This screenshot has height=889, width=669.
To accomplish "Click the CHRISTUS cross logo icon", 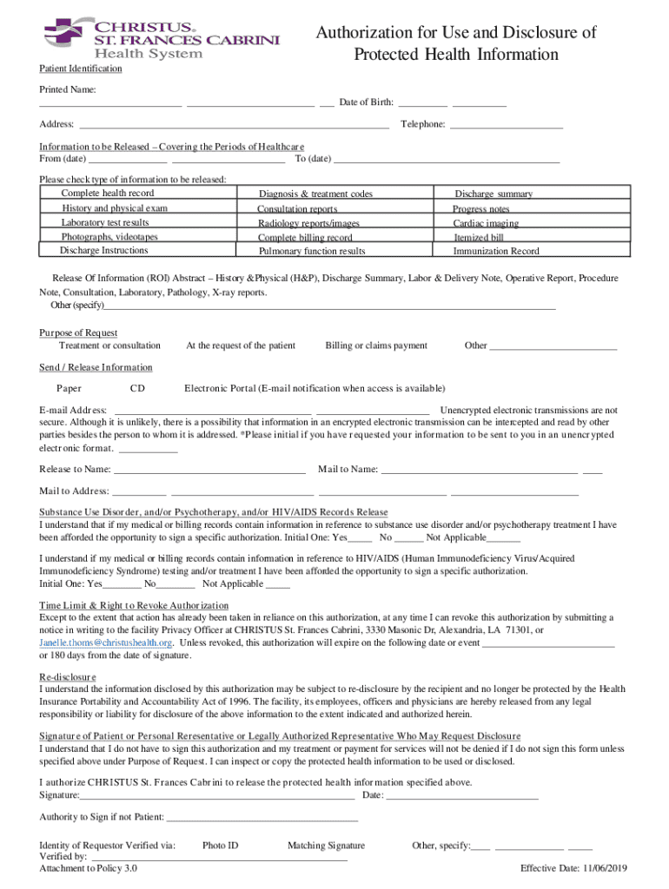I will click(x=63, y=33).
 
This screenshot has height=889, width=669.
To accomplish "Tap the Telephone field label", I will click(x=423, y=125).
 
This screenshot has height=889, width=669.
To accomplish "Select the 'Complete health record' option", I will click(x=108, y=194).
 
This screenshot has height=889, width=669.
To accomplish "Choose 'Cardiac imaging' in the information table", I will click(x=487, y=223).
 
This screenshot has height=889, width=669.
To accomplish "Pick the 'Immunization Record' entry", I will click(x=496, y=252).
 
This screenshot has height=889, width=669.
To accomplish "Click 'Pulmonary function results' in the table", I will click(x=312, y=252).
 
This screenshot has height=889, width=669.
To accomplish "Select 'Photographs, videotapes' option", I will click(x=109, y=237).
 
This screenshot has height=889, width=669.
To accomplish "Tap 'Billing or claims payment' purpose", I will click(x=376, y=346).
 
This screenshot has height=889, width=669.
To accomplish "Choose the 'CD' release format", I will click(x=137, y=388).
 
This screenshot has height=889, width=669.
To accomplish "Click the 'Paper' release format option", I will click(x=70, y=388).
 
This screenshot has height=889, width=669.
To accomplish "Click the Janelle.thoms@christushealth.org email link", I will click(x=106, y=643).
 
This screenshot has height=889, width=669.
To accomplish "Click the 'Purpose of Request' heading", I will click(x=78, y=333).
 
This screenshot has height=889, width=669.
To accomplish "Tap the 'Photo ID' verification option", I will click(x=220, y=846).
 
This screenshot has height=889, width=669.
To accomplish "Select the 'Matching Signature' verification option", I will click(x=326, y=846).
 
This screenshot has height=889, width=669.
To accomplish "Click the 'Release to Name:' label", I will click(x=75, y=470).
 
